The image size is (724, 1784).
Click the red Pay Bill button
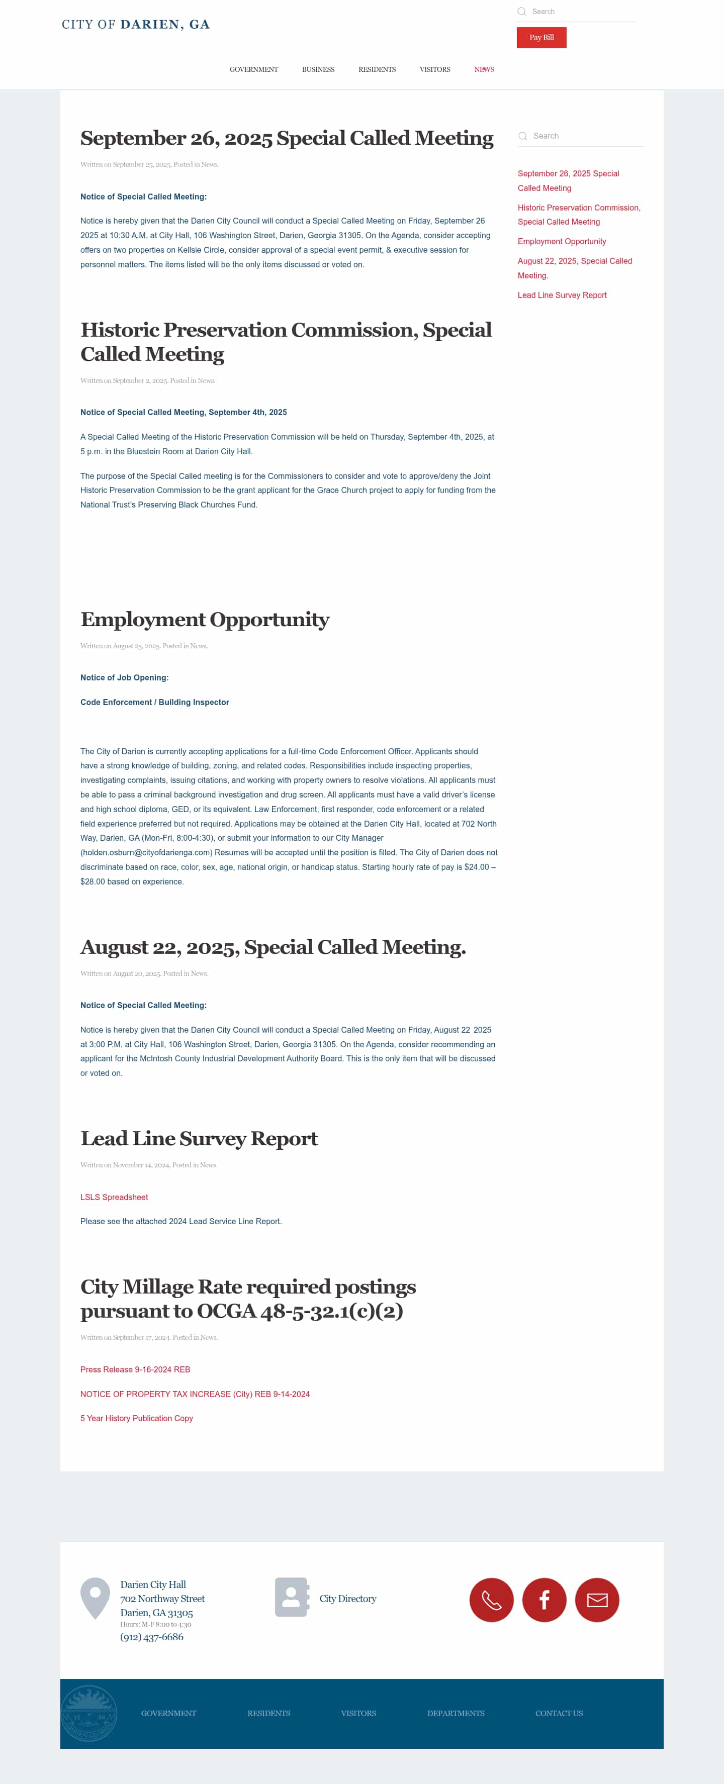tap(541, 37)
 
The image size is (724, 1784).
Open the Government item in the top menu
tap(253, 69)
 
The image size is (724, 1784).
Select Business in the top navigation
tap(318, 69)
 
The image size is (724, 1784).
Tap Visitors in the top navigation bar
tap(434, 69)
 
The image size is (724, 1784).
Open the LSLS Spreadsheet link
tap(114, 1197)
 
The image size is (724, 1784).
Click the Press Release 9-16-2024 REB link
tap(135, 1369)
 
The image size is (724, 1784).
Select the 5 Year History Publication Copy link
tap(136, 1418)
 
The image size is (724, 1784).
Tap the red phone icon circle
tap(491, 1600)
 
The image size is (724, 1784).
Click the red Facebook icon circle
tap(544, 1600)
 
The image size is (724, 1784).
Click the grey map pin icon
tap(95, 1597)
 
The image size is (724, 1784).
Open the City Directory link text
tap(348, 1599)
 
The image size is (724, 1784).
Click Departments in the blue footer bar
tap(455, 1713)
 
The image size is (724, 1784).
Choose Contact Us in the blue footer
tap(559, 1713)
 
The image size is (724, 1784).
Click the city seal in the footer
tap(88, 1713)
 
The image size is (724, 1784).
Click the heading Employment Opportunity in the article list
tap(205, 619)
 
